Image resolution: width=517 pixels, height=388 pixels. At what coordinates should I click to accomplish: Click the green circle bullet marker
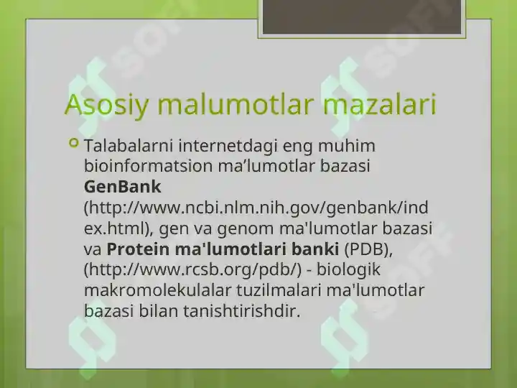tap(74, 144)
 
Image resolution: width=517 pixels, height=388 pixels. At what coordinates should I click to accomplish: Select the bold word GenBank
tap(123, 187)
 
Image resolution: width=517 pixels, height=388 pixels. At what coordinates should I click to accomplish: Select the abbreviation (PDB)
tap(368, 249)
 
